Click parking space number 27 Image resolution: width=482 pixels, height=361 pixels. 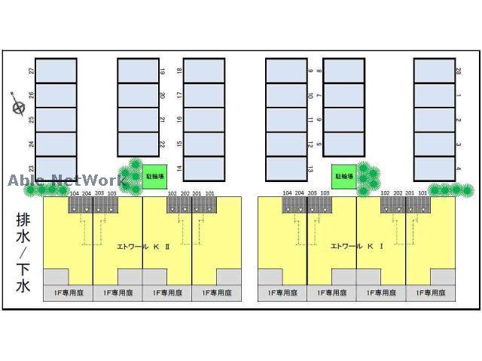pos(56,71)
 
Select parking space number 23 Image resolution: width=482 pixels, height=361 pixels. pos(56,168)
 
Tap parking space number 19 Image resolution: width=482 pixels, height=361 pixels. pos(138,71)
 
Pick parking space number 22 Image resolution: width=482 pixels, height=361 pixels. pos(138,144)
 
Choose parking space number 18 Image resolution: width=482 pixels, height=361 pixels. pos(204,71)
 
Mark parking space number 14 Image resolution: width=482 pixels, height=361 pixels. pos(204,168)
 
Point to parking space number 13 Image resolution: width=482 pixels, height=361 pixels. pos(286,168)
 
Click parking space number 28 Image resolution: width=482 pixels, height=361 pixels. pos(435,71)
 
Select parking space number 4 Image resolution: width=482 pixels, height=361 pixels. pos(435,168)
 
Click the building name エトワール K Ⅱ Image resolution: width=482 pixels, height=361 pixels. pos(143,246)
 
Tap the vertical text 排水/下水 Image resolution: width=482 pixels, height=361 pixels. pos(23,253)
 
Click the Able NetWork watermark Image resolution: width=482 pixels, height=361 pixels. pos(66,180)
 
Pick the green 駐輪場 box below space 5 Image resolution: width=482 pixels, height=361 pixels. pos(343,175)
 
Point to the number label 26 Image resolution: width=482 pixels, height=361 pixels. pos(32,96)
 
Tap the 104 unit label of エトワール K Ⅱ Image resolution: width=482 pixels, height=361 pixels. pos(74,194)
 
